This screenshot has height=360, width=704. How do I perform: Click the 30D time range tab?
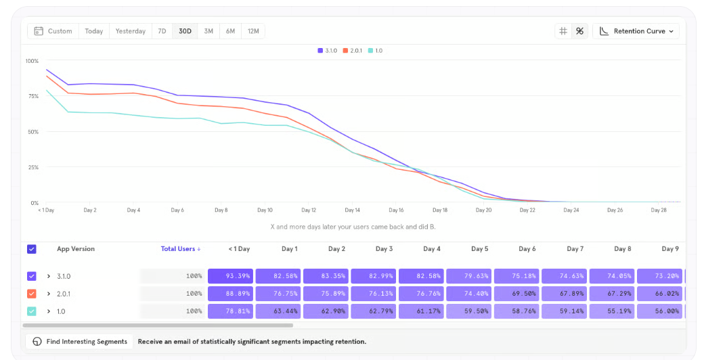pos(185,31)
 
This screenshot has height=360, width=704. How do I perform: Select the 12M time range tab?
pos(253,31)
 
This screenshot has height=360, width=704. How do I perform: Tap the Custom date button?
pos(53,31)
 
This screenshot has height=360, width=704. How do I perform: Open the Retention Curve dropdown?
pos(636,31)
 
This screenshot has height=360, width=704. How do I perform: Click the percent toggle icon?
pos(579,31)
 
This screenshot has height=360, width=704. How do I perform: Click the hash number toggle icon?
pos(563,31)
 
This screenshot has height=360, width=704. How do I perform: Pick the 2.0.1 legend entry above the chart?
pos(353,51)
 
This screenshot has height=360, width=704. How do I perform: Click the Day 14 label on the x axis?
pos(353,210)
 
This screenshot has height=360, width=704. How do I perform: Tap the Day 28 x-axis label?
pos(659,210)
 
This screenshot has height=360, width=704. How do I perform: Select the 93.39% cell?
pos(230,276)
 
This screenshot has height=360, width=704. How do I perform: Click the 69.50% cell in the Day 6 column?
pos(516,294)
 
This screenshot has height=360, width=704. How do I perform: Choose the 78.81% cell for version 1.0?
pos(230,311)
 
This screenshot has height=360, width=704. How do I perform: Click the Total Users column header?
pos(181,248)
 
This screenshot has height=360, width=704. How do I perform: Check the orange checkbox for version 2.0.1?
pos(31,294)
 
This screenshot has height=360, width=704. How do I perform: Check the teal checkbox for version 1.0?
pos(31,311)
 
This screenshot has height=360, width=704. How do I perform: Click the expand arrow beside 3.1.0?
pos(49,276)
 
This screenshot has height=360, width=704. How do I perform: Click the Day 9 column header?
pos(670,248)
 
